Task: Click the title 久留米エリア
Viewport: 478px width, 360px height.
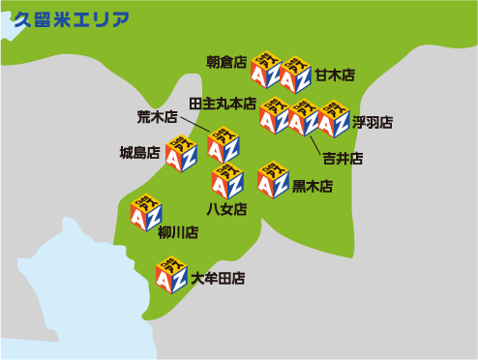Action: [71, 19]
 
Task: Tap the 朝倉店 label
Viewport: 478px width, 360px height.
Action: [226, 62]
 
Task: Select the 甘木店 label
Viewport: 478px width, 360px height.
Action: [334, 75]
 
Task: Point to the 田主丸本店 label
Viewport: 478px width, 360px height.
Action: [223, 103]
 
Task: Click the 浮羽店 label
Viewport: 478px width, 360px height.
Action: [373, 122]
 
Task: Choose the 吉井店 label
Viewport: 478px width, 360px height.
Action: [343, 158]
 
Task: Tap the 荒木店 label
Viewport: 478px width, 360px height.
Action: [157, 117]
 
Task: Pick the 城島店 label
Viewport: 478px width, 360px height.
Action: [139, 152]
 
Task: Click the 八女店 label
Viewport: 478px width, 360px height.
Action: [226, 208]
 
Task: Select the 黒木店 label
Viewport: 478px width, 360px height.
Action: [313, 186]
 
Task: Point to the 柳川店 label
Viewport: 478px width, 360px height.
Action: [178, 232]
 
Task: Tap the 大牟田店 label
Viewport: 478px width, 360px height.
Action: [218, 279]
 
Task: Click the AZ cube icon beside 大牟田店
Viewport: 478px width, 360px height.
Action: [171, 275]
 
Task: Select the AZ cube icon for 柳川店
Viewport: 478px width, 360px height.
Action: [146, 213]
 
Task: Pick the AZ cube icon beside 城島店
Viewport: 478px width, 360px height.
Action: [181, 153]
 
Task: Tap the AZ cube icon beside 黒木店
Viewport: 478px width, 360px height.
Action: [273, 179]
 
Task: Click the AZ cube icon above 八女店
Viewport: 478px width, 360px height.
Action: [227, 180]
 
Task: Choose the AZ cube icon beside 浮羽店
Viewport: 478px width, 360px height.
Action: [333, 119]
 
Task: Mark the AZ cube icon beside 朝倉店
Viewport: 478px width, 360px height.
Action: [265, 69]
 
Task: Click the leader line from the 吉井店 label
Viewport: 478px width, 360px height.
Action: [314, 142]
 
